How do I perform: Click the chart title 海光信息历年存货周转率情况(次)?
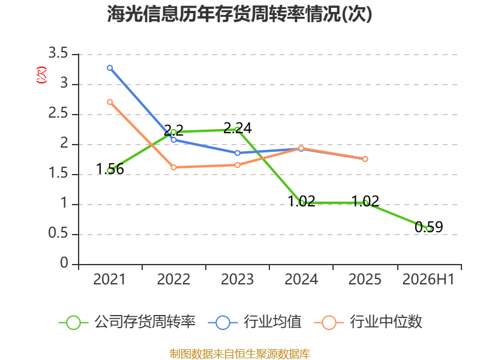click(239, 14)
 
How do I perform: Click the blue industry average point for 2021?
click(110, 68)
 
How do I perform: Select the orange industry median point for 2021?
click(110, 102)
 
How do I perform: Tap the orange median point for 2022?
click(173, 167)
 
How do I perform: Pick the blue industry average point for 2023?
click(238, 153)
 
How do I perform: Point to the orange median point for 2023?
click(238, 165)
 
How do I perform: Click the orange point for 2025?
click(365, 159)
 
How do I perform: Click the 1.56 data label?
click(110, 169)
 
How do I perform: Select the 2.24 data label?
click(238, 128)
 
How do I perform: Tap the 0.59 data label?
click(429, 227)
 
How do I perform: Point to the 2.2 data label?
click(173, 130)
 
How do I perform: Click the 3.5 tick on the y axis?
click(58, 53)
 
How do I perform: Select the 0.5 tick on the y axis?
click(58, 233)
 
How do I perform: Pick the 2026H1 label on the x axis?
click(428, 279)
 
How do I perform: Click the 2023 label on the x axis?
click(238, 279)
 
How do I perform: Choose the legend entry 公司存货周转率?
click(127, 322)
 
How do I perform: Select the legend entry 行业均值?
click(254, 322)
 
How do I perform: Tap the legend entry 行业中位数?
click(368, 322)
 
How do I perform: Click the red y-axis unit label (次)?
click(41, 74)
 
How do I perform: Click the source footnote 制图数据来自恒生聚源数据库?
click(240, 353)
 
